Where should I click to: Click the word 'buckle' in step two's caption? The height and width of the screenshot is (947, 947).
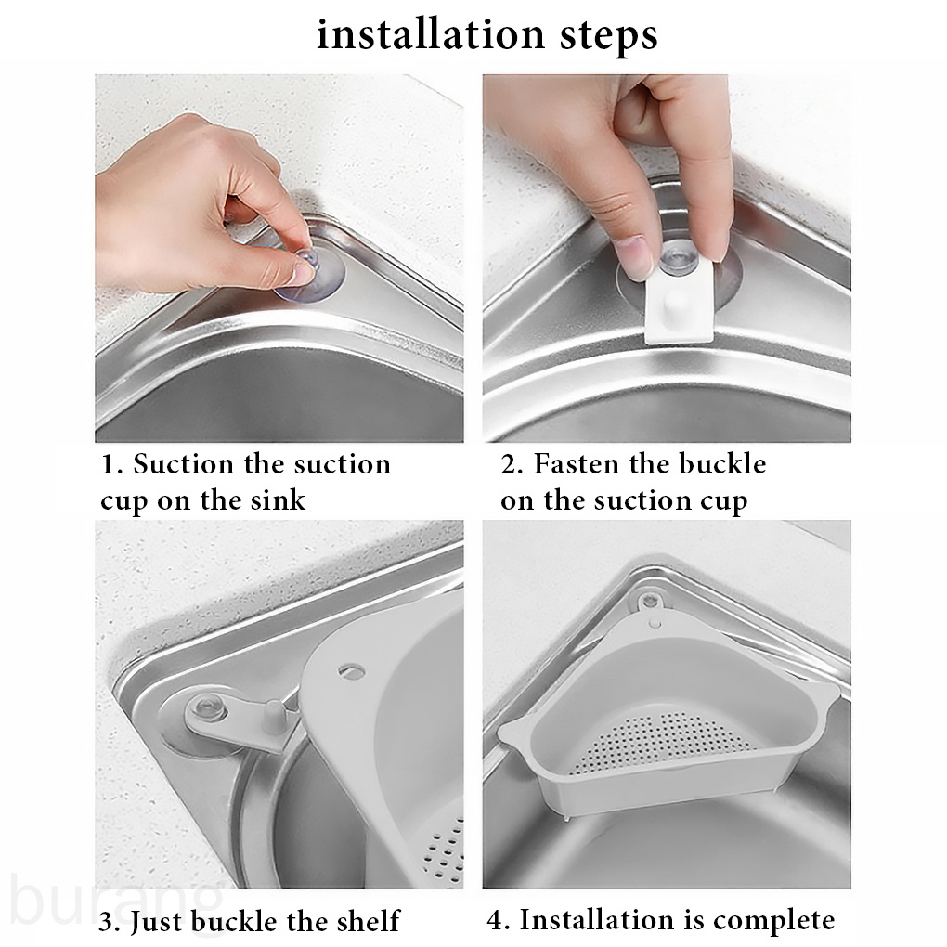[x=723, y=464]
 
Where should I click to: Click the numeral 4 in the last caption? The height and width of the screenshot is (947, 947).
[x=496, y=920]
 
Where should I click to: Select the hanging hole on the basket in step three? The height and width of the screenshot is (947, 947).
[x=352, y=669]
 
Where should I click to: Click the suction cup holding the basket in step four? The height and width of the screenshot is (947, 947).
[x=650, y=601]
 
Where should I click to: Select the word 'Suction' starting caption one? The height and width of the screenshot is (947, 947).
[x=184, y=464]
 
